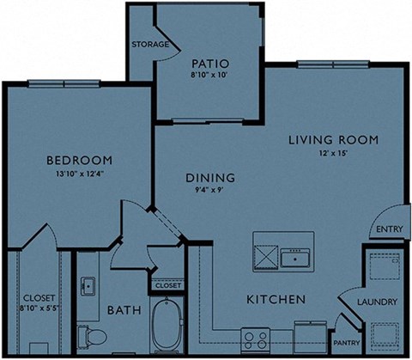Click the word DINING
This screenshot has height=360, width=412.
(x=210, y=179)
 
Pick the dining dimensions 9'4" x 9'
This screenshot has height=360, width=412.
(x=210, y=192)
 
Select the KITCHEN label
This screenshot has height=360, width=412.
(x=276, y=300)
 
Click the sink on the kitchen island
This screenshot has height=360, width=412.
(x=297, y=255)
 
